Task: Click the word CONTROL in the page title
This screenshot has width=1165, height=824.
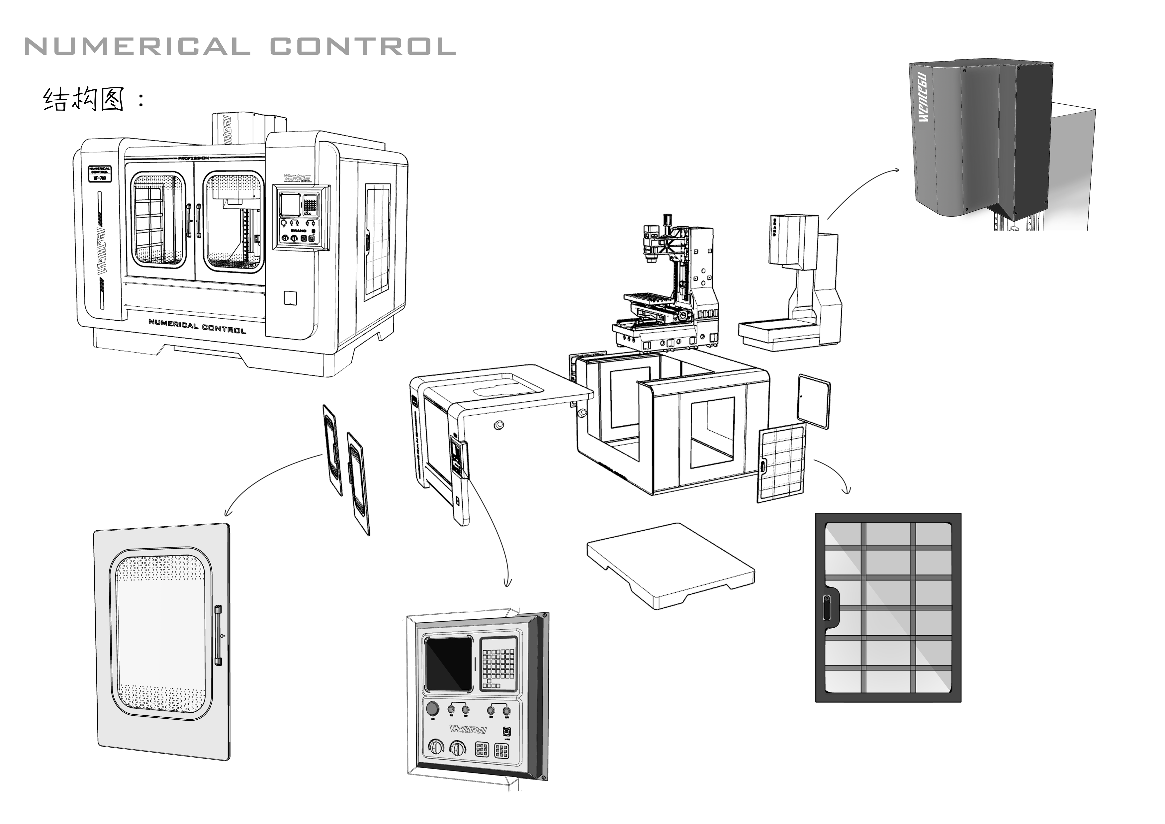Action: pos(362,47)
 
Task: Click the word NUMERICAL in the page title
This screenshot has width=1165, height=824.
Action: pos(137,47)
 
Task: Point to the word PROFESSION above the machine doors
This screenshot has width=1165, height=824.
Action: pos(193,158)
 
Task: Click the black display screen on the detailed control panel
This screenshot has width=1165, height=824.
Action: pos(449,665)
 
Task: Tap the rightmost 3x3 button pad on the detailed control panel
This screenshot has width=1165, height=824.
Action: pos(502,750)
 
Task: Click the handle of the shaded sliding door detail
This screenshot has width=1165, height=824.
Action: pos(218,635)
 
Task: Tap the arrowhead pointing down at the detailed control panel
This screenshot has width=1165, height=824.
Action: pos(506,584)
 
